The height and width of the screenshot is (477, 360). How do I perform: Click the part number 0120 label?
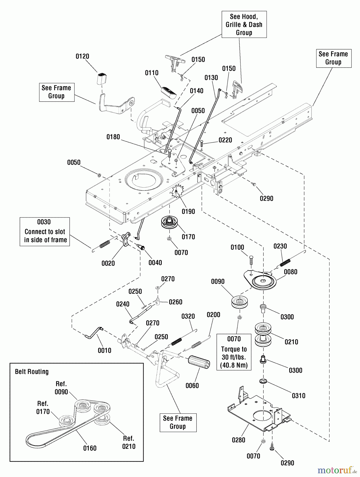tap(82, 56)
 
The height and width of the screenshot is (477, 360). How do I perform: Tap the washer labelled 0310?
tap(263, 381)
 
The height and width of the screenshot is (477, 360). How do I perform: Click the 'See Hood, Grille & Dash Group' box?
tap(244, 24)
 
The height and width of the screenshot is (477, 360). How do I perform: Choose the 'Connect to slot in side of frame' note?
tap(45, 232)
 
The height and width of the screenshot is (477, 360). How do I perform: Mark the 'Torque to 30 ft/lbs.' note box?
tap(234, 352)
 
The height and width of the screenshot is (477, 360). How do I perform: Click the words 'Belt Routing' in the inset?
tap(32, 372)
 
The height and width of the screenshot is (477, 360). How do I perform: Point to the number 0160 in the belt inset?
tap(90, 448)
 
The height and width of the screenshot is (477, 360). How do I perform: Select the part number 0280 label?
tap(239, 440)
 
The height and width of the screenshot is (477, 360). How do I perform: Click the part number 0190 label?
tap(188, 211)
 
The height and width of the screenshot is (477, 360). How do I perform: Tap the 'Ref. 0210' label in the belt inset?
tap(129, 442)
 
